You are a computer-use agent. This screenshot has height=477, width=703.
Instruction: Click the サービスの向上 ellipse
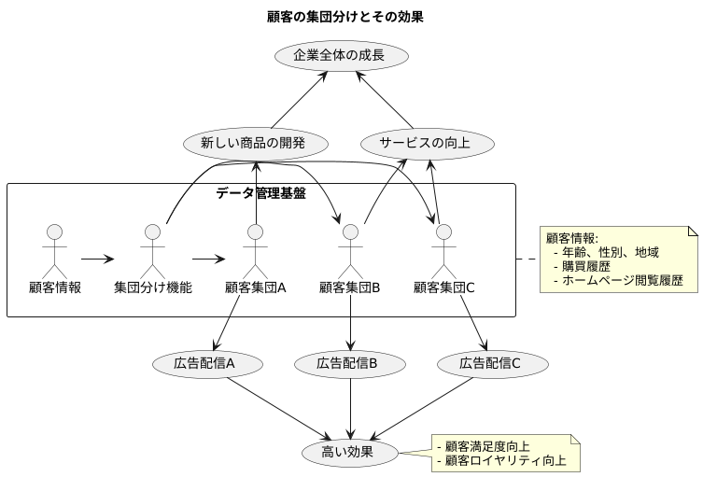pyautogui.click(x=428, y=144)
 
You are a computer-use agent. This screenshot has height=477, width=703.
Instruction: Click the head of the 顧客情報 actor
pyautogui.click(x=54, y=231)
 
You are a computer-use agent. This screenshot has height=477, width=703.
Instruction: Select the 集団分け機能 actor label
pyautogui.click(x=153, y=288)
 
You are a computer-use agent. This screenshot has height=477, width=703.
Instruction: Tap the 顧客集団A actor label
pyautogui.click(x=255, y=288)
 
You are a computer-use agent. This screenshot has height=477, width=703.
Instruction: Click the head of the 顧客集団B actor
pyautogui.click(x=350, y=231)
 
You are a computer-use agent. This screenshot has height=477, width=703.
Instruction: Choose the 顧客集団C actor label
pyautogui.click(x=444, y=288)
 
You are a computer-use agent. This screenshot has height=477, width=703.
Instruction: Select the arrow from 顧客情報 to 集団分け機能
pyautogui.click(x=96, y=259)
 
